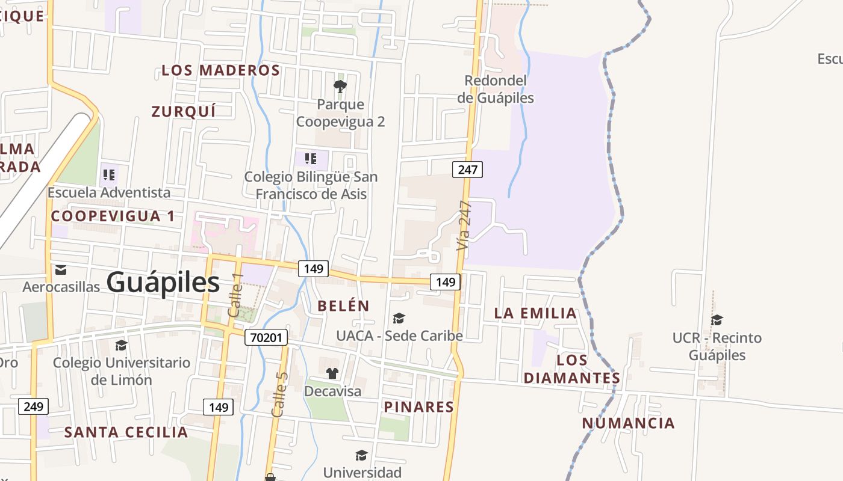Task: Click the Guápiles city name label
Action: coord(163,283)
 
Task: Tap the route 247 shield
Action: coord(467,170)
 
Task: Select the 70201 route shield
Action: coord(266,337)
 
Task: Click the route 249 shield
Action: coord(33,406)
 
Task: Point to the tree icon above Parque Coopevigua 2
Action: coord(340,87)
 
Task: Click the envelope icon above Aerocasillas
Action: coord(61,270)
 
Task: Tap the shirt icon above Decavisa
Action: coord(332,373)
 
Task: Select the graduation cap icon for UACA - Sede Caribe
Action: coord(399,318)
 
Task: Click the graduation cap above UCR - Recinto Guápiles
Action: coord(717,320)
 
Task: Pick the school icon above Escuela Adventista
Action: coord(109,175)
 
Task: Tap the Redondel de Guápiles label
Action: coord(496,89)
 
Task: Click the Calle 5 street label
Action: coord(280,394)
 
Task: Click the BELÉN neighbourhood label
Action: coord(343,305)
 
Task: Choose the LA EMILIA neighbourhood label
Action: coord(535,313)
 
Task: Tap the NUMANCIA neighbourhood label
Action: coord(628,423)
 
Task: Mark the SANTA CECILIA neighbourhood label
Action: coord(126,432)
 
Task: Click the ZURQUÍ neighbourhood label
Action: coord(183,112)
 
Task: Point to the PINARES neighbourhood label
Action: coord(419,407)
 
